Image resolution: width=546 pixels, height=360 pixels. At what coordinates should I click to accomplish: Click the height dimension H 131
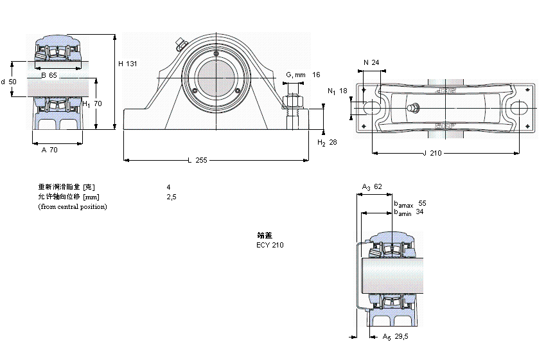pyautogui.click(x=128, y=64)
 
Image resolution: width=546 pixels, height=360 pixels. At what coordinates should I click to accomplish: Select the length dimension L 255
pyautogui.click(x=197, y=160)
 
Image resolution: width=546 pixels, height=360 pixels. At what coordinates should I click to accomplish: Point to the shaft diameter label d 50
pyautogui.click(x=8, y=82)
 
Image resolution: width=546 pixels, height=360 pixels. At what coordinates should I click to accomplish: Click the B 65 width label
pyautogui.click(x=49, y=75)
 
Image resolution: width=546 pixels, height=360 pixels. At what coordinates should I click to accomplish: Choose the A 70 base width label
pyautogui.click(x=49, y=149)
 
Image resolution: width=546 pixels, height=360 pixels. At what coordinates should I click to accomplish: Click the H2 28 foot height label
pyautogui.click(x=328, y=142)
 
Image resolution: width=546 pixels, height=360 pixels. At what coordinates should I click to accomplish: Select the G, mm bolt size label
pyautogui.click(x=295, y=75)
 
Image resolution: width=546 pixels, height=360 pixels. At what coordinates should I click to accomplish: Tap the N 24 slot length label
pyautogui.click(x=371, y=62)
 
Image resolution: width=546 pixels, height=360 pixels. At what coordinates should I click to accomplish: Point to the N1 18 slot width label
pyautogui.click(x=337, y=91)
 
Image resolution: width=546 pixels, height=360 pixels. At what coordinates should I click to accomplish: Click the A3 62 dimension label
pyautogui.click(x=372, y=187)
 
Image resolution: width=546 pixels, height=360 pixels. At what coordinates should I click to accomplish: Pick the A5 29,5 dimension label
pyautogui.click(x=394, y=336)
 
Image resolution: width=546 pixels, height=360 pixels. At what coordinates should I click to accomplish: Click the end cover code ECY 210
pyautogui.click(x=270, y=245)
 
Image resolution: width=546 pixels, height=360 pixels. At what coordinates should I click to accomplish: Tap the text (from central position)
pyautogui.click(x=72, y=206)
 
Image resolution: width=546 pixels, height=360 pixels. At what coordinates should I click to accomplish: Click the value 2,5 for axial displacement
pyautogui.click(x=171, y=197)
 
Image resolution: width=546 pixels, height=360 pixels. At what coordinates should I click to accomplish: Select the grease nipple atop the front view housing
pyautogui.click(x=179, y=44)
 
